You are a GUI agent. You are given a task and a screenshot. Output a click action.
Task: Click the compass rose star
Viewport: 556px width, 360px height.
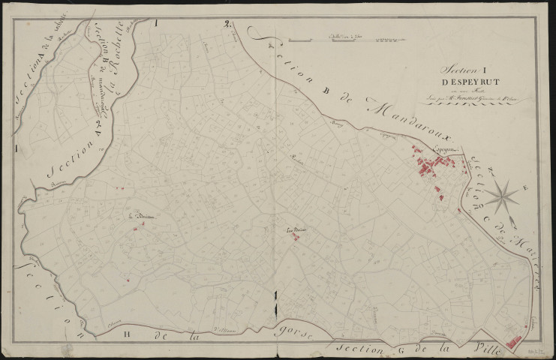[501, 197]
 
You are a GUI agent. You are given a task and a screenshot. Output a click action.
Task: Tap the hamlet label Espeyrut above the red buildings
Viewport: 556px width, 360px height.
[425, 150]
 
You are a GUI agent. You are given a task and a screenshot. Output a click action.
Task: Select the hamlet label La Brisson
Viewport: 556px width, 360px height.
[140, 218]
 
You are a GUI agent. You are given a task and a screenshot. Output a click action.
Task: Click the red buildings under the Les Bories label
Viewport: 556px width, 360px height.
[296, 238]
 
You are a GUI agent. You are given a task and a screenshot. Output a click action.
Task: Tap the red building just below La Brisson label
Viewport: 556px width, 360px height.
[135, 229]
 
